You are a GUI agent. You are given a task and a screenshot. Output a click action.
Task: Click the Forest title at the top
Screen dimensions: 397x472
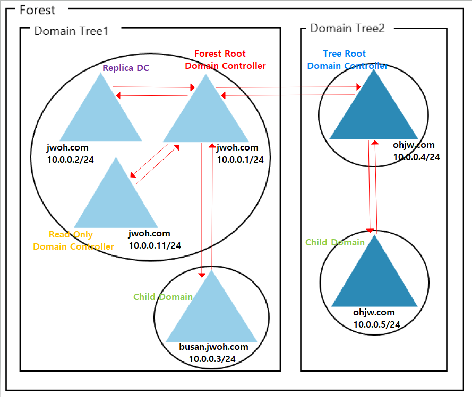click(37, 10)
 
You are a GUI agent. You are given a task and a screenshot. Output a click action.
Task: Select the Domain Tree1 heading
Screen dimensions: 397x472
click(71, 31)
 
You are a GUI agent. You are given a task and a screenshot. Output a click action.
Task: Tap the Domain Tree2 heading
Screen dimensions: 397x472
click(347, 29)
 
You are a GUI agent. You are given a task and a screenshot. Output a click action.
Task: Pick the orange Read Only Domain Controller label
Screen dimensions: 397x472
click(73, 240)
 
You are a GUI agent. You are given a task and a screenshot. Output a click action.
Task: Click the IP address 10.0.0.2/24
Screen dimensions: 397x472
click(70, 159)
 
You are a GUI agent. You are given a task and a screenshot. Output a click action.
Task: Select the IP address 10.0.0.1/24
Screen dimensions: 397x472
click(240, 159)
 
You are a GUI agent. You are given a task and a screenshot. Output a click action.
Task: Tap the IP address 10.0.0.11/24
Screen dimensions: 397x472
click(155, 245)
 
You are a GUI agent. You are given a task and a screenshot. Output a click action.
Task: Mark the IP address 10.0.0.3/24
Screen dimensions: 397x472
click(212, 359)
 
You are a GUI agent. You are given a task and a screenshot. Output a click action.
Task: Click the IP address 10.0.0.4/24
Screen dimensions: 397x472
click(416, 156)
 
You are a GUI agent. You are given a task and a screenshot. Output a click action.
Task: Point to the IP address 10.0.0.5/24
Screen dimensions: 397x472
click(376, 324)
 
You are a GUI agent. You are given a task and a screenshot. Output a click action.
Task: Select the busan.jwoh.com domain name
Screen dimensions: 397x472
click(214, 347)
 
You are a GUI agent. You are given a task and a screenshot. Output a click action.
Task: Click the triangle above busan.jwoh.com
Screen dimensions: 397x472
click(211, 313)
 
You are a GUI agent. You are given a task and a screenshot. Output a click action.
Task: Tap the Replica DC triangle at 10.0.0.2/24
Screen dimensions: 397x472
click(100, 114)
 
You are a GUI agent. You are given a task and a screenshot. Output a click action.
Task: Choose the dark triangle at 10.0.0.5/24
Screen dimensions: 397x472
click(374, 278)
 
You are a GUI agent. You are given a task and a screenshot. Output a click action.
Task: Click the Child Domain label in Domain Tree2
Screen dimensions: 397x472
click(334, 242)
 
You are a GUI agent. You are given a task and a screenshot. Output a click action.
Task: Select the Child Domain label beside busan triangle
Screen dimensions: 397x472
click(162, 297)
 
